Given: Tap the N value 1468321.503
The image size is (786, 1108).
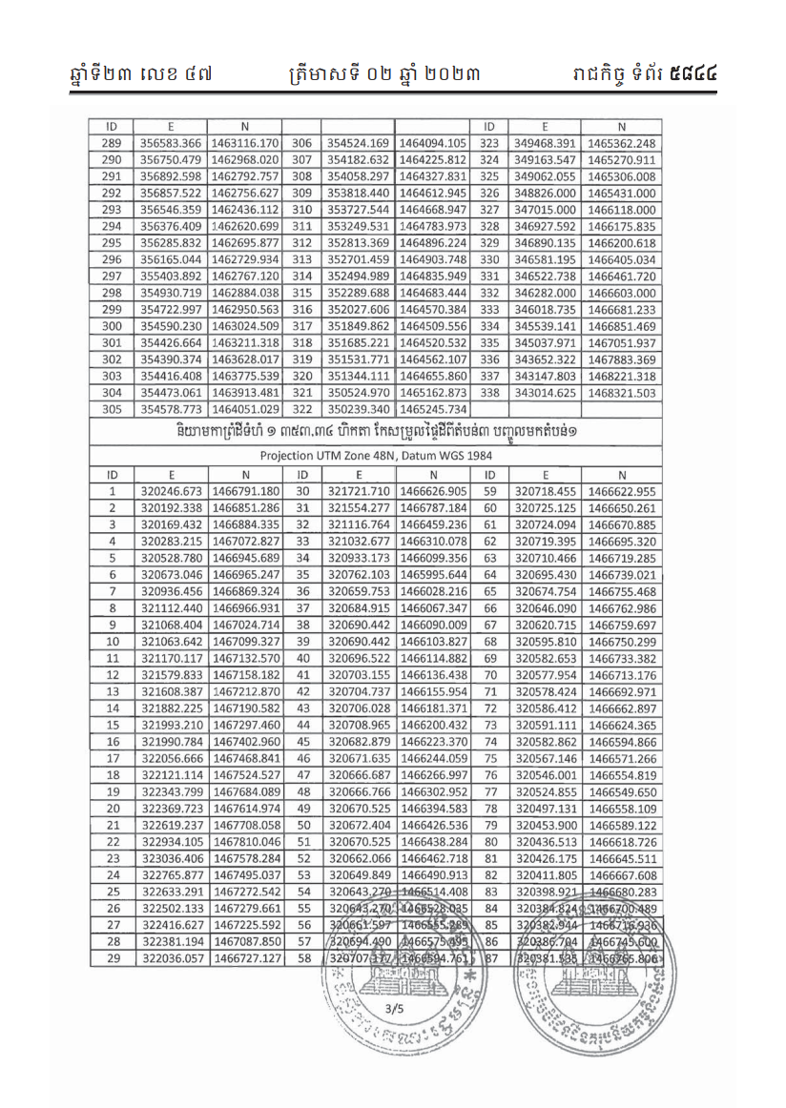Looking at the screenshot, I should pos(621,392).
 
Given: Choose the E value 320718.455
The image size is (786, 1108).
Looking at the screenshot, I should pos(545,491).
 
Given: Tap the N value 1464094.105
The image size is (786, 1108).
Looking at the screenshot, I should pos(434,143).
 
